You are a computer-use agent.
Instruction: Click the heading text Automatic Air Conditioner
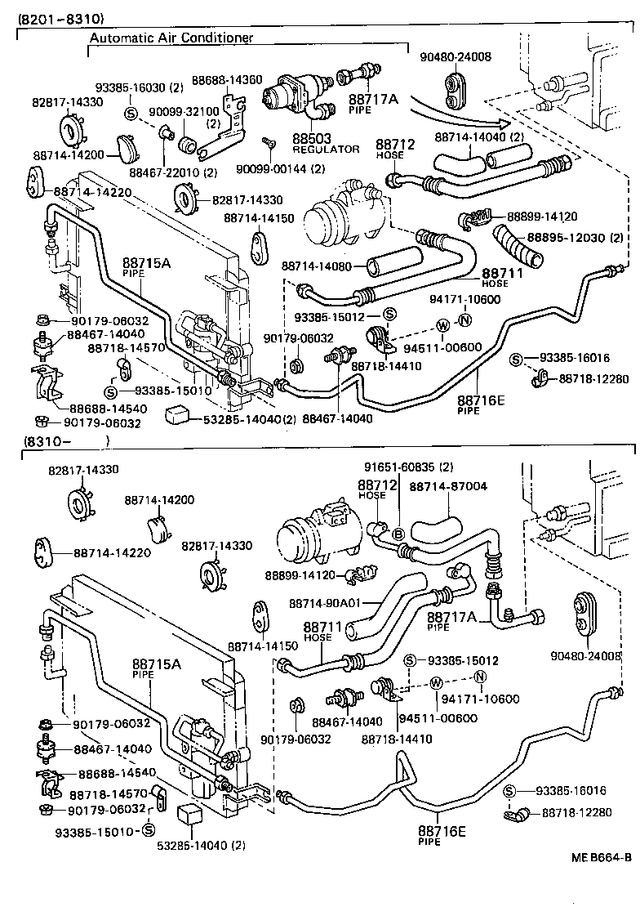tap(171, 38)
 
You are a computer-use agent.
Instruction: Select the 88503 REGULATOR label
tap(326, 144)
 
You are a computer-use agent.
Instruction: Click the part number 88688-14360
tap(226, 80)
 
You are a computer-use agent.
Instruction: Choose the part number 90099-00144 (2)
tap(279, 168)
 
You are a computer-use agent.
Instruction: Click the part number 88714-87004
tap(447, 486)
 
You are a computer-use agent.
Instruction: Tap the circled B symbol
tap(398, 534)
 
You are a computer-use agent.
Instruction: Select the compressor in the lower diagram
tap(313, 535)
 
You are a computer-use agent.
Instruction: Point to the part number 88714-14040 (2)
tap(478, 138)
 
